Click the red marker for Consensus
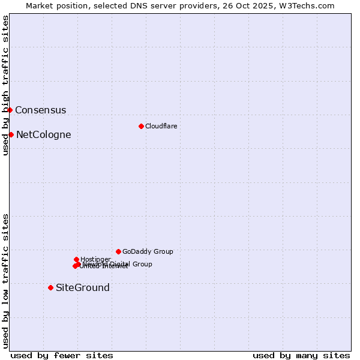[10, 110]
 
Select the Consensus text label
[40, 110]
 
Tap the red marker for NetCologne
[11, 134]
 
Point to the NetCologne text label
[43, 135]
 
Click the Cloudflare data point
[141, 126]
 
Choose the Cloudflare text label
[161, 127]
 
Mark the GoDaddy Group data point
[118, 251]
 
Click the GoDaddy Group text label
[148, 252]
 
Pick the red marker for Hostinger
[76, 259]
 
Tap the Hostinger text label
[95, 259]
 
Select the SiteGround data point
[50, 287]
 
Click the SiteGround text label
[82, 288]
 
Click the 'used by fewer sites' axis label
[62, 356]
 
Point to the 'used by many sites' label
[301, 356]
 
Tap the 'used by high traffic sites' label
[5, 85]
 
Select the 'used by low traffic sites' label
[5, 281]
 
